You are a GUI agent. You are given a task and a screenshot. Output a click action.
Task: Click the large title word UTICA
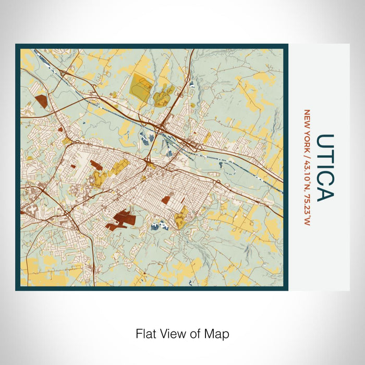[x=325, y=168]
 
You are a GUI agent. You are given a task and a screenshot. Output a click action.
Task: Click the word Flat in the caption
[x=145, y=333]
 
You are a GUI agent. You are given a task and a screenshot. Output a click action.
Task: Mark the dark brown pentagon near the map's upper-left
[x=40, y=101]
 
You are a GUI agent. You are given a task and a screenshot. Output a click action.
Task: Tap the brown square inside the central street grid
[x=166, y=200]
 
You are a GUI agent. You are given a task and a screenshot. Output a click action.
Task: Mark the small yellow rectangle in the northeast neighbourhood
[x=208, y=138]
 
